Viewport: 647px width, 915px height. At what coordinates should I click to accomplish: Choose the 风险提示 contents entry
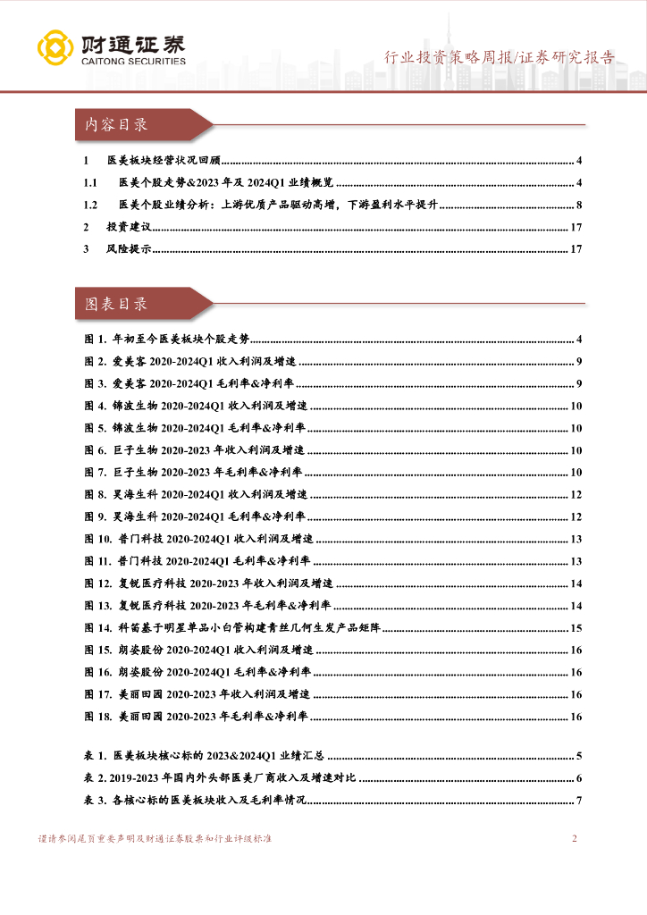pyautogui.click(x=122, y=249)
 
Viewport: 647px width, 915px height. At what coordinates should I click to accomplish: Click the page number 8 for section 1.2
pyautogui.click(x=579, y=206)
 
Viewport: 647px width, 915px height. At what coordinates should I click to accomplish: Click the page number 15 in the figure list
pyautogui.click(x=576, y=628)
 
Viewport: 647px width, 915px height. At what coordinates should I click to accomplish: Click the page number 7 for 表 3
pyautogui.click(x=579, y=800)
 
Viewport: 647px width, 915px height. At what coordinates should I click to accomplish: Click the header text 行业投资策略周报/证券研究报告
pyautogui.click(x=500, y=58)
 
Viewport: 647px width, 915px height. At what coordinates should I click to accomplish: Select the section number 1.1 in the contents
pyautogui.click(x=89, y=183)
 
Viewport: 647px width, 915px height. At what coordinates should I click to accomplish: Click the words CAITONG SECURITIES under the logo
pyautogui.click(x=133, y=62)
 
